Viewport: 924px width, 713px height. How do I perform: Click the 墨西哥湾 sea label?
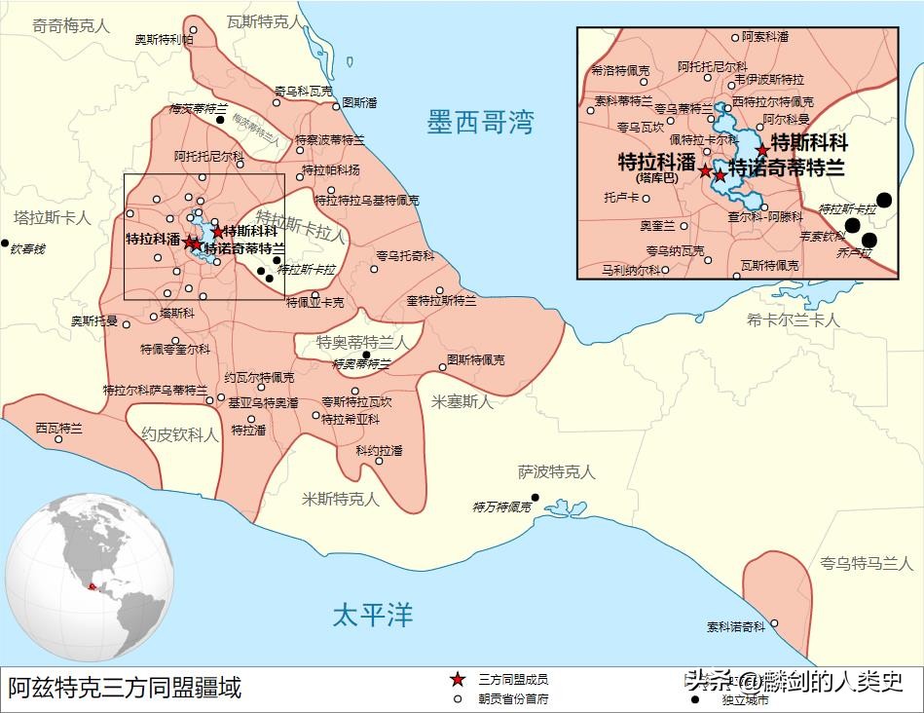[480, 123]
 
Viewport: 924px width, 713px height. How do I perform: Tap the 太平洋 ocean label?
[373, 615]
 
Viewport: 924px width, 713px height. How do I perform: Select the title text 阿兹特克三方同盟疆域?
[125, 689]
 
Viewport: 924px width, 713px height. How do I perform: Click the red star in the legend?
[456, 679]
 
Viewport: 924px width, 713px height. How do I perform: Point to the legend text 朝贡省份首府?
[512, 697]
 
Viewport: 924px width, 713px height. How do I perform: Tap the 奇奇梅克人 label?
[71, 27]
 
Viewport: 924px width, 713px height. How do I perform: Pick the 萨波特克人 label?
[556, 471]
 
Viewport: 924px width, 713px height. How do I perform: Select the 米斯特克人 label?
[340, 499]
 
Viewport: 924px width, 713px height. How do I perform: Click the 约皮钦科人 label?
[180, 434]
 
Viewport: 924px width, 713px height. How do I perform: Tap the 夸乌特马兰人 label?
[866, 562]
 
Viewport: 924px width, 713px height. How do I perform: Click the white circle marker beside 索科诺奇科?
[774, 623]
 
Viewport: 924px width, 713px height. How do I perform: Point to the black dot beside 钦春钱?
[5, 244]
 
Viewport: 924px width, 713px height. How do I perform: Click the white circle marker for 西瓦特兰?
[58, 439]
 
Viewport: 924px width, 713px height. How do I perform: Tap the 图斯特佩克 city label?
[476, 360]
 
